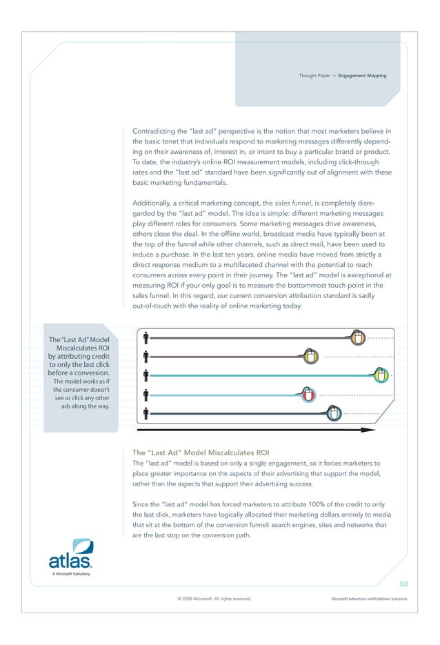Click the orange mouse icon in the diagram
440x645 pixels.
click(x=357, y=338)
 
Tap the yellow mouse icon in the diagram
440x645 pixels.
click(x=311, y=357)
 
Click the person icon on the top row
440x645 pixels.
click(x=147, y=338)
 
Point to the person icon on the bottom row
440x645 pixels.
click(x=147, y=414)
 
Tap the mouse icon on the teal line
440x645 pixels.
click(x=381, y=375)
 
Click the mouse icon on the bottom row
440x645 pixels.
click(x=334, y=413)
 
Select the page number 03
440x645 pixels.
click(x=403, y=584)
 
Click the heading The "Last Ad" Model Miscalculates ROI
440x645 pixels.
click(x=200, y=453)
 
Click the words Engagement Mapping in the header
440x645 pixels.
click(x=362, y=75)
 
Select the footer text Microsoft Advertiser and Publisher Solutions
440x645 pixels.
click(x=370, y=599)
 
